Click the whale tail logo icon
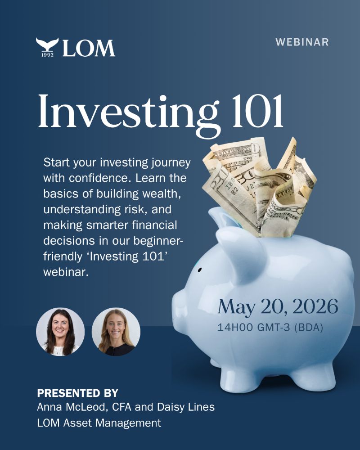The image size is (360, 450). tap(47, 44)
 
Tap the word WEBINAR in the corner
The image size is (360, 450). tap(302, 42)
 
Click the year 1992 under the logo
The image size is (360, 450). tap(47, 54)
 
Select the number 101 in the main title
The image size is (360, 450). tap(257, 111)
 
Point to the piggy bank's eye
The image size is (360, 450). tap(200, 270)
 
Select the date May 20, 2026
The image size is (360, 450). tap(278, 306)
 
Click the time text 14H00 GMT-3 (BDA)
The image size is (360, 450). tap(270, 327)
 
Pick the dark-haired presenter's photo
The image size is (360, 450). tap(60, 332)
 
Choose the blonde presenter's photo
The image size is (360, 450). tap(116, 332)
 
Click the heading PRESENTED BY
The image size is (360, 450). tap(77, 393)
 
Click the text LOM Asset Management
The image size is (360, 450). tap(99, 423)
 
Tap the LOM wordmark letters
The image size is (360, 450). tap(89, 48)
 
